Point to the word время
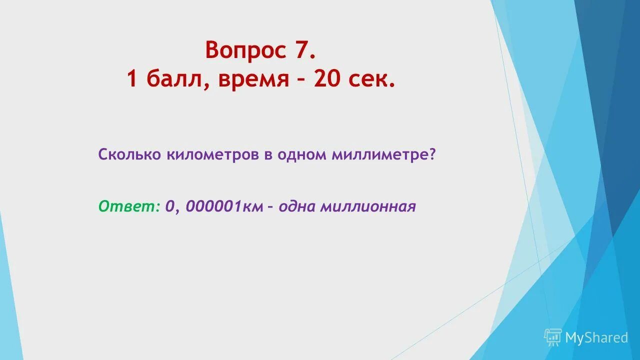[x=253, y=79]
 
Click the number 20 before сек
[x=327, y=79]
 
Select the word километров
[x=212, y=154]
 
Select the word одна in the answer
[x=297, y=206]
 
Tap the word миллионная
[x=368, y=206]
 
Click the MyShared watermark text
[x=596, y=338]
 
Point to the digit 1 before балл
[x=132, y=79]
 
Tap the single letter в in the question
[x=268, y=155]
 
